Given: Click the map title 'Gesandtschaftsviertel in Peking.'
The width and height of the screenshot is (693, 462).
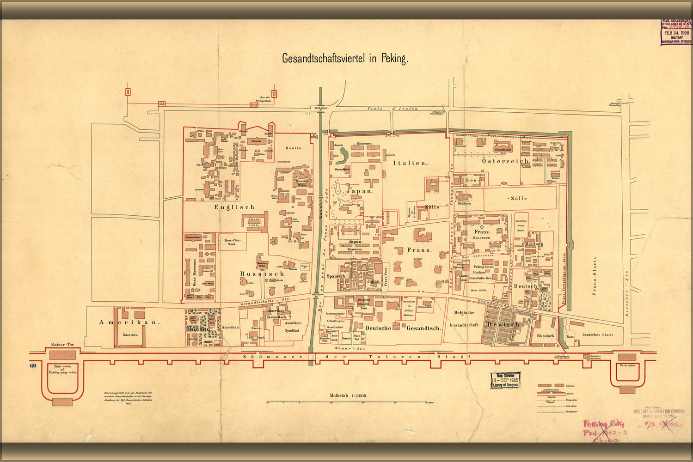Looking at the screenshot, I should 345,59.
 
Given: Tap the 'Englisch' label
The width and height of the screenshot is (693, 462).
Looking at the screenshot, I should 234,207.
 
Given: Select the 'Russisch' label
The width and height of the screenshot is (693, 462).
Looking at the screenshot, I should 262,274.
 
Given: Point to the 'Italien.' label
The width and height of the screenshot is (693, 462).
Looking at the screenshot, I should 411,163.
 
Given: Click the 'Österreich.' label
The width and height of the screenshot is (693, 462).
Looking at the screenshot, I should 505,161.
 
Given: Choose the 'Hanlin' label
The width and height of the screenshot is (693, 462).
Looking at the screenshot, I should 293,148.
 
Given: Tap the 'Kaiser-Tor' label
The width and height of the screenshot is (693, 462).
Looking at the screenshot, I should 63,345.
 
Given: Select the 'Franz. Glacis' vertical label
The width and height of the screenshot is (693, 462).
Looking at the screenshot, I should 595,276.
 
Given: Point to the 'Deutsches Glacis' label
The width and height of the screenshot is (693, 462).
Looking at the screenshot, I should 598,334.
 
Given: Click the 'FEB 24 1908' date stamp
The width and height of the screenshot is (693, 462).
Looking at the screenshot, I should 676,33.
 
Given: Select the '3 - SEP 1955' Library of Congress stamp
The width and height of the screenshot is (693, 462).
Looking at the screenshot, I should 505,380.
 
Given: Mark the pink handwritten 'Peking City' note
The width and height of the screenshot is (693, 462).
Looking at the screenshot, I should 603,423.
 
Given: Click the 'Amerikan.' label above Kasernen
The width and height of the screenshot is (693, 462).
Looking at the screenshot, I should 129,322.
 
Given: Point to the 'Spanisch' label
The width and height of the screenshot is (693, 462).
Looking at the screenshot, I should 336,276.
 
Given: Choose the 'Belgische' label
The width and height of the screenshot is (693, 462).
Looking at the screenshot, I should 464,313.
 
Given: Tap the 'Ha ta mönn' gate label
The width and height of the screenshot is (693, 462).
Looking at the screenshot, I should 627,365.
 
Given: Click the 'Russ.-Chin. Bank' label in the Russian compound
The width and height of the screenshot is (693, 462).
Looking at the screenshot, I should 232,242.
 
